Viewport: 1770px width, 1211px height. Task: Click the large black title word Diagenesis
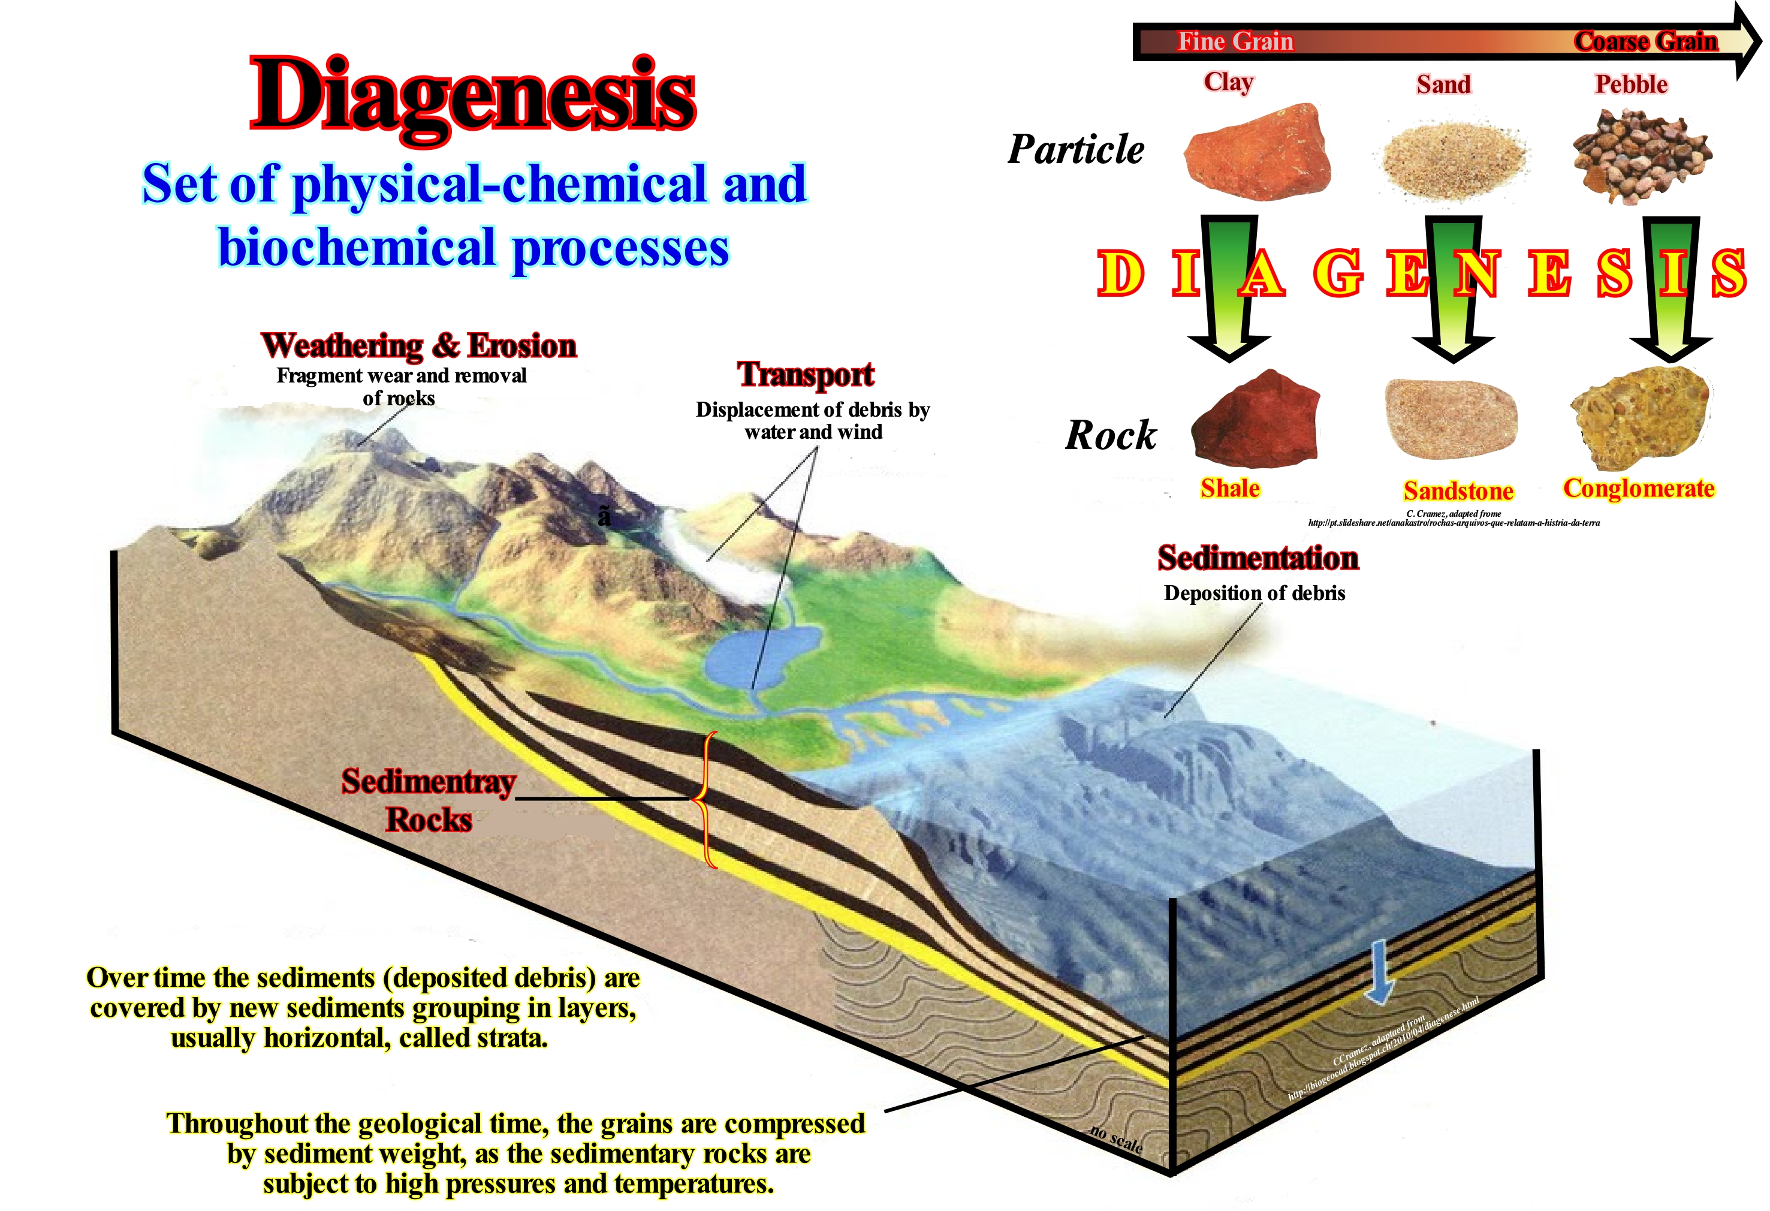pos(472,95)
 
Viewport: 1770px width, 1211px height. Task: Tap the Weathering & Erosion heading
pos(419,346)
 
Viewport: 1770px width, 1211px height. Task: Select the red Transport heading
pos(805,374)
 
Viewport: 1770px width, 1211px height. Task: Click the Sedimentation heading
pos(1258,558)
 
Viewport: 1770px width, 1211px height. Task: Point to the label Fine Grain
pos(1235,41)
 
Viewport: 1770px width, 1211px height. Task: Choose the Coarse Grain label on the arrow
pos(1645,41)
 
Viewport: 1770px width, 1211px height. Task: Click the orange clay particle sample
pos(1258,152)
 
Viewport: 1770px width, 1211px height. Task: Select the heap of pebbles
pos(1641,156)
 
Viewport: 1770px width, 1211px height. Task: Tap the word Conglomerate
pos(1638,488)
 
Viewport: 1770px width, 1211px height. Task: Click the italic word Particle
pos(1075,149)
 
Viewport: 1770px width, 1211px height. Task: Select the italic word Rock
pos(1111,436)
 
